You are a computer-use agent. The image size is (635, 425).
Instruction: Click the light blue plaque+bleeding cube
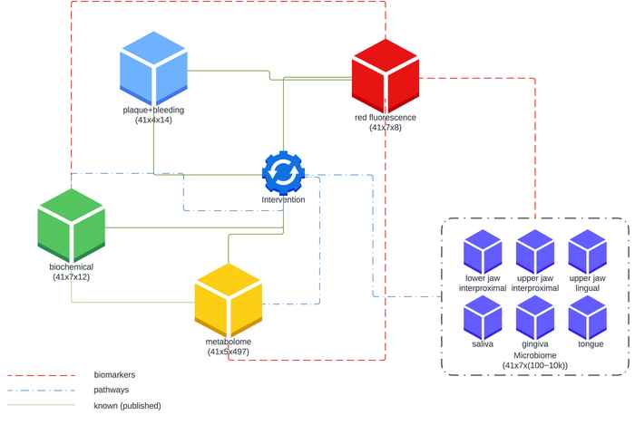coord(153,68)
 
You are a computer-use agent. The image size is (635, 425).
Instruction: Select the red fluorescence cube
coord(386,76)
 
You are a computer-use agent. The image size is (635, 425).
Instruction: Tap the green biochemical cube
coord(72,226)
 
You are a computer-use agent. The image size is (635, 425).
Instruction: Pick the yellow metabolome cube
coord(229,300)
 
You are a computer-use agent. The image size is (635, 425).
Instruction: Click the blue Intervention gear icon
coord(283,173)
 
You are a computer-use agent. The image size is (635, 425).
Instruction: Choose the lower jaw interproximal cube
coord(483,252)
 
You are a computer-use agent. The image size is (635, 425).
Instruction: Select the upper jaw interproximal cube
coord(535,252)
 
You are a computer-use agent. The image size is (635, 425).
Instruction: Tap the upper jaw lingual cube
coord(587,252)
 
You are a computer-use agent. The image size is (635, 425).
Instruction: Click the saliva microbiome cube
coord(483,317)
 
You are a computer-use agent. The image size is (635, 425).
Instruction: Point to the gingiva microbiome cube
coord(535,317)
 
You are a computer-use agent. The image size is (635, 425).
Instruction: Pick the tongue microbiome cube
coord(587,317)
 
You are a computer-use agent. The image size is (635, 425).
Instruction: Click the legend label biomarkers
coord(114,375)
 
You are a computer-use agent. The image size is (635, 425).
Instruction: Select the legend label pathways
coord(112,390)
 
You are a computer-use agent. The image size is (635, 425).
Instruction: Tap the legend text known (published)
coord(127,406)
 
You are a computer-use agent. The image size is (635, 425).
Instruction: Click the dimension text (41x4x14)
coord(153,120)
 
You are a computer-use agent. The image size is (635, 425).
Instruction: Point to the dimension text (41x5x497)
coord(229,352)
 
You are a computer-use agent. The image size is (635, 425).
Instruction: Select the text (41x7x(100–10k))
coord(535,365)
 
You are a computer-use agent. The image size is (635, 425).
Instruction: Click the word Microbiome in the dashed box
coord(535,355)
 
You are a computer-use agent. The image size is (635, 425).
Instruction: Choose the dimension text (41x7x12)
coord(72,277)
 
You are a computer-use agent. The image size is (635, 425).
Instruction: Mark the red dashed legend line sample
coord(42,375)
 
